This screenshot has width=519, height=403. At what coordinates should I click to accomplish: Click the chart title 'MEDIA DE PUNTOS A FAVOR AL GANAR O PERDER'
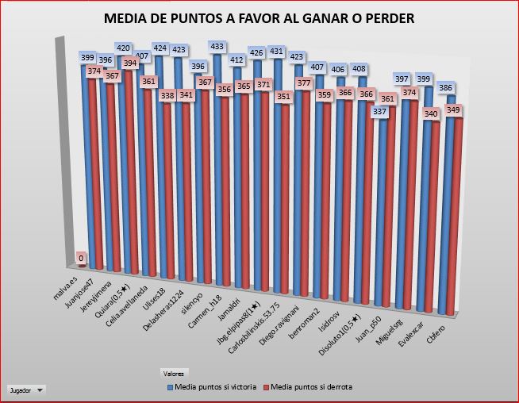(x=260, y=17)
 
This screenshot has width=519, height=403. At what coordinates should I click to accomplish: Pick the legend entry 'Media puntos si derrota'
(x=310, y=387)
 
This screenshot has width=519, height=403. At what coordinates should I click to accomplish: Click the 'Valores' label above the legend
(x=174, y=372)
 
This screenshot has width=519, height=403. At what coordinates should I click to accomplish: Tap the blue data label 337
(x=379, y=112)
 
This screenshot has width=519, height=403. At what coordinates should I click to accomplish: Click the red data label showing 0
(x=81, y=258)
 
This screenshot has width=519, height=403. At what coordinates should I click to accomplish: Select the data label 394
(x=129, y=63)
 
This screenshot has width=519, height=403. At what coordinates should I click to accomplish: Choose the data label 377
(x=304, y=83)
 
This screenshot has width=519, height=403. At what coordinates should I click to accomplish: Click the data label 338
(x=167, y=95)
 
